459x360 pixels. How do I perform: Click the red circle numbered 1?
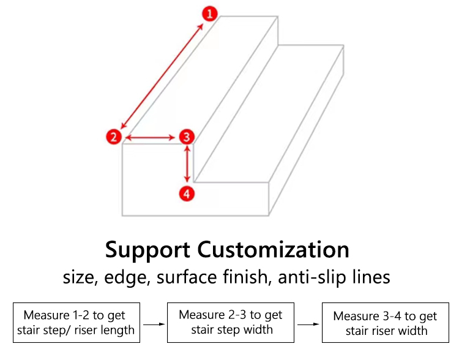(209, 13)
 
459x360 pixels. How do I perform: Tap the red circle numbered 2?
(114, 137)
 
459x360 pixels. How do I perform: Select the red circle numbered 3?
(187, 137)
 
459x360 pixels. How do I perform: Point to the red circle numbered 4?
(187, 194)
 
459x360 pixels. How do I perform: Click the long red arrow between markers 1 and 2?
(162, 76)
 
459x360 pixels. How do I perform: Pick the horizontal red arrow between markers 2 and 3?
(150, 137)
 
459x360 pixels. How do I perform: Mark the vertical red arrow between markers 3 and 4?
(187, 163)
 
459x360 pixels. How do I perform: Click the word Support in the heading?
(147, 250)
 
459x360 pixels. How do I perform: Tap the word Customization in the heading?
(273, 249)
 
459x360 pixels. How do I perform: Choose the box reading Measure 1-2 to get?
(76, 323)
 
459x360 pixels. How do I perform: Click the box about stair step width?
(231, 323)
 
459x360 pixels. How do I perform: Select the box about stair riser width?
(386, 323)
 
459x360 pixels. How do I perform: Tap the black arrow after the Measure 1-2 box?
(154, 324)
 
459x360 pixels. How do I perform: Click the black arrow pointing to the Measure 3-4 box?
(308, 324)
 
